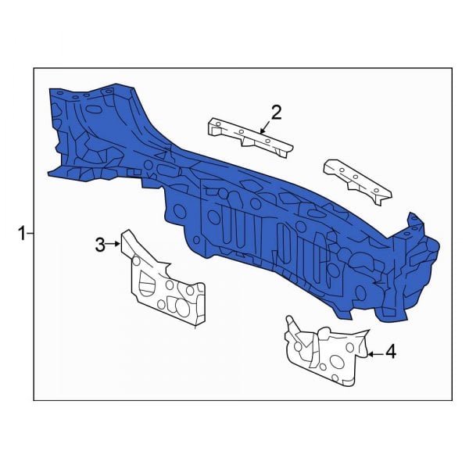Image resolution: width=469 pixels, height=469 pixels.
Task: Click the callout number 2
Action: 276,113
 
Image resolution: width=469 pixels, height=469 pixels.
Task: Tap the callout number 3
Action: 100,245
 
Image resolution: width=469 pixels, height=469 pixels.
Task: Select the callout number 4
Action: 390,353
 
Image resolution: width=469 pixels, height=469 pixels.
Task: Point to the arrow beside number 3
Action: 116,245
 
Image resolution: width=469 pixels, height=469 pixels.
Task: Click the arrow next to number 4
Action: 373,354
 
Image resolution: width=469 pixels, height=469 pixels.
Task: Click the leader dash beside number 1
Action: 30,232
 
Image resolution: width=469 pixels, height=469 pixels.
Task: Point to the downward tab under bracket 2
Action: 249,143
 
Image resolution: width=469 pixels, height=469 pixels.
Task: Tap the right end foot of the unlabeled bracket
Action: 381,199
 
